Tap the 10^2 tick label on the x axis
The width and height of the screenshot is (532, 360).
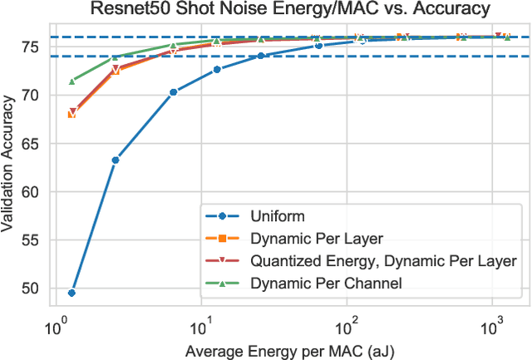click(347, 323)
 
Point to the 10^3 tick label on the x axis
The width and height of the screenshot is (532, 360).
click(491, 323)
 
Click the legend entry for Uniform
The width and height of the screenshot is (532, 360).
click(273, 219)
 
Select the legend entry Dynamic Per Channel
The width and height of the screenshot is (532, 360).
click(326, 284)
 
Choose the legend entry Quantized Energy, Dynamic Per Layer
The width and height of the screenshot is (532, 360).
click(383, 261)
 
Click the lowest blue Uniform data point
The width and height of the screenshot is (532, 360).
click(71, 293)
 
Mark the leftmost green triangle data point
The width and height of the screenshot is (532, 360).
click(71, 81)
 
